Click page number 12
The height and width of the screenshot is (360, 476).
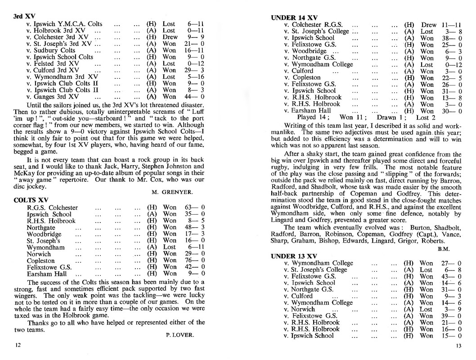click(18, 345)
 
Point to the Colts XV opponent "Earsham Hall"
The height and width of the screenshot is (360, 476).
click(47, 274)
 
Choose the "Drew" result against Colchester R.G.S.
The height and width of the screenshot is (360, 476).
click(429, 25)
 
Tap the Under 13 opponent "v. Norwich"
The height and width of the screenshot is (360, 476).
click(301, 309)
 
